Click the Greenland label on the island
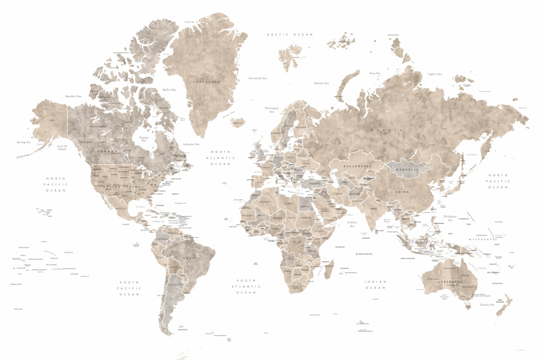click(208, 81)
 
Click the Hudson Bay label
click(144, 138)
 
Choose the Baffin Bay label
click(170, 90)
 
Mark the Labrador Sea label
click(191, 144)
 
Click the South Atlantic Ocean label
click(247, 287)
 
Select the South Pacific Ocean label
click(130, 288)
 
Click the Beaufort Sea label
click(73, 97)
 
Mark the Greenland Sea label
click(258, 78)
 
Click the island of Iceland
click(238, 124)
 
